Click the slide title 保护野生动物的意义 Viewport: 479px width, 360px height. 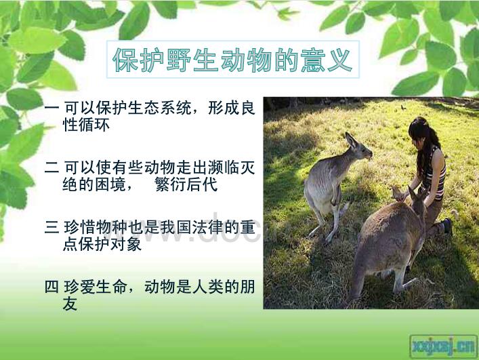click(x=233, y=60)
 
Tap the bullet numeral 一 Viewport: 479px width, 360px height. click(x=51, y=108)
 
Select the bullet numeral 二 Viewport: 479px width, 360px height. click(x=51, y=167)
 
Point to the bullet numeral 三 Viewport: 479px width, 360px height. click(x=51, y=227)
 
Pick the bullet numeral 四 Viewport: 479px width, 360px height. click(x=51, y=287)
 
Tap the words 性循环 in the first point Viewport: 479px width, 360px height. click(x=86, y=124)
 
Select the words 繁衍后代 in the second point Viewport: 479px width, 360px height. click(x=186, y=184)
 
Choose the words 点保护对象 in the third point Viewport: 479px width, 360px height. click(x=102, y=244)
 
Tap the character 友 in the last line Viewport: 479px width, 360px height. click(x=70, y=304)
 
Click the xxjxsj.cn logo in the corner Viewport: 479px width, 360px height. click(x=443, y=346)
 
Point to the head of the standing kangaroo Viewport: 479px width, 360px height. click(x=360, y=149)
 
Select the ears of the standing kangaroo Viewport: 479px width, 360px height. click(x=352, y=140)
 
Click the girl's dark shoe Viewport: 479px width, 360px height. click(x=448, y=226)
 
